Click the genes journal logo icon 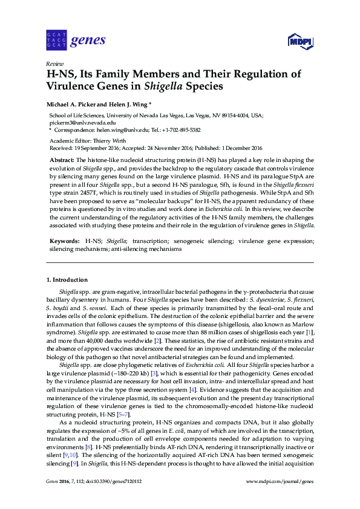56,41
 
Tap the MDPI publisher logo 299,42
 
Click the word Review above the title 54,63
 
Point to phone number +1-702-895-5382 180,130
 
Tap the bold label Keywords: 64,241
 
